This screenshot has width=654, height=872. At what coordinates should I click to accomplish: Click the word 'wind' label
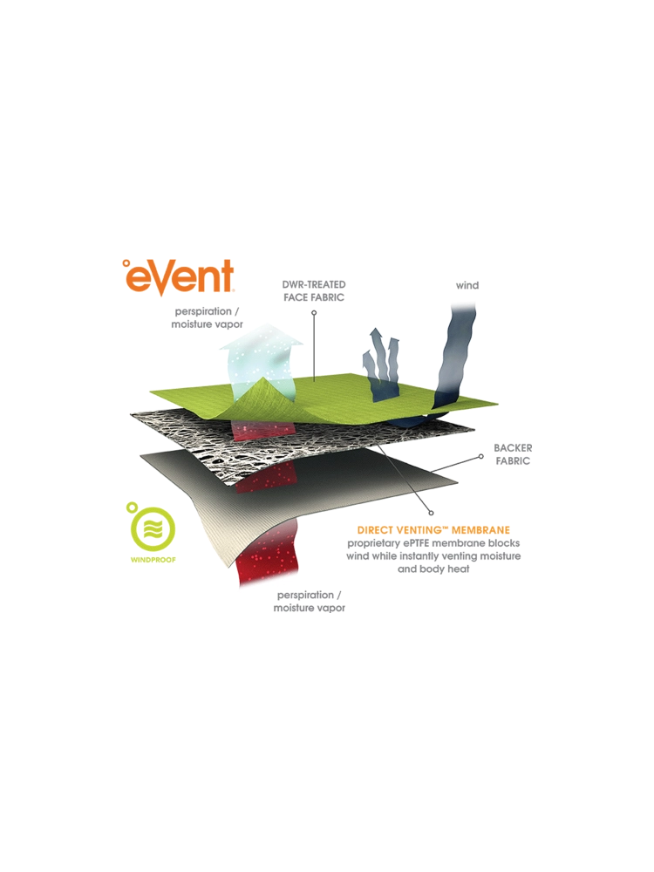[x=467, y=285]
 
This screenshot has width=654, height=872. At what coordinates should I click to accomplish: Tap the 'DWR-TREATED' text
[x=314, y=284]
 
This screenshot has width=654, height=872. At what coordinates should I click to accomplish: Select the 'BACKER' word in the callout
[x=512, y=447]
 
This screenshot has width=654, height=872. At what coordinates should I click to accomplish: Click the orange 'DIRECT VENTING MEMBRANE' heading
[x=433, y=529]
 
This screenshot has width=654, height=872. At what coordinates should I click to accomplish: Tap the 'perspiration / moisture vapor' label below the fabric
[x=310, y=601]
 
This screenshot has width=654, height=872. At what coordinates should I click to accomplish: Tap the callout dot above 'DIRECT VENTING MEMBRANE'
[x=431, y=513]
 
